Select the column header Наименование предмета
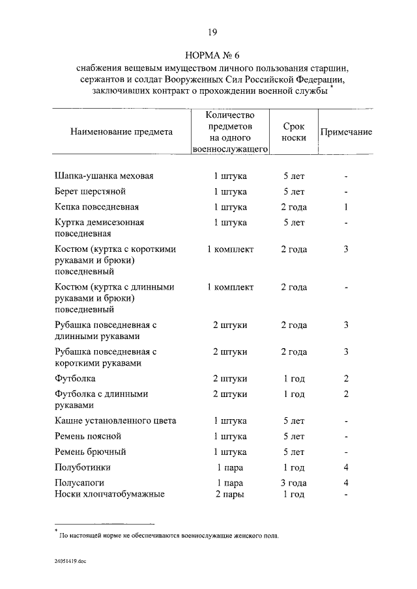(122, 131)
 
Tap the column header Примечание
(346, 131)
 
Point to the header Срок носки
(294, 131)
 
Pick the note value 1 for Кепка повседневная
(347, 207)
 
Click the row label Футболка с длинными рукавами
(102, 399)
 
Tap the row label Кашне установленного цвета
(115, 420)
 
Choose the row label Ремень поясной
(87, 436)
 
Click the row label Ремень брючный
(89, 452)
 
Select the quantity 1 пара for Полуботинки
(230, 467)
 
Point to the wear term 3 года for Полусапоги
(294, 483)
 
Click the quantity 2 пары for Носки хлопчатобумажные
(230, 494)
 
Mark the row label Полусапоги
(81, 483)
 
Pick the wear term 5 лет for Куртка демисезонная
(294, 223)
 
